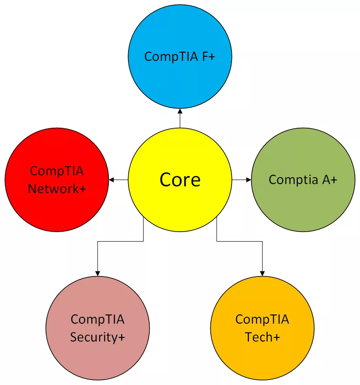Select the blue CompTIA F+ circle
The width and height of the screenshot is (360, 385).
(x=180, y=32)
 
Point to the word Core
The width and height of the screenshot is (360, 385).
(x=180, y=180)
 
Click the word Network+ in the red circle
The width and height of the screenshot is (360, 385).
(x=57, y=188)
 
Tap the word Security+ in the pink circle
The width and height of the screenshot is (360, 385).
(x=97, y=337)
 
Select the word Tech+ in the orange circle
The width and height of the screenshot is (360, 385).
(x=262, y=337)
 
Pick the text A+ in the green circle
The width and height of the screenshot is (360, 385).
(x=329, y=180)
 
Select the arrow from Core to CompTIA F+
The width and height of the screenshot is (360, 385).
(x=180, y=118)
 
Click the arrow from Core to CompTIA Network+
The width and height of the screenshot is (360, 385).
(x=118, y=180)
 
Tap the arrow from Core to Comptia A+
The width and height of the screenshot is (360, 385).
(x=242, y=180)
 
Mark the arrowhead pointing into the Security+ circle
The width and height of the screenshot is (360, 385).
(x=97, y=273)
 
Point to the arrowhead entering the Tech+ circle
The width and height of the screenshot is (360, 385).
(x=262, y=273)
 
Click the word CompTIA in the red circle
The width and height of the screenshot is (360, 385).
(x=57, y=171)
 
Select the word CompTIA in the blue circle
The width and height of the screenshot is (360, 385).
(x=170, y=56)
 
